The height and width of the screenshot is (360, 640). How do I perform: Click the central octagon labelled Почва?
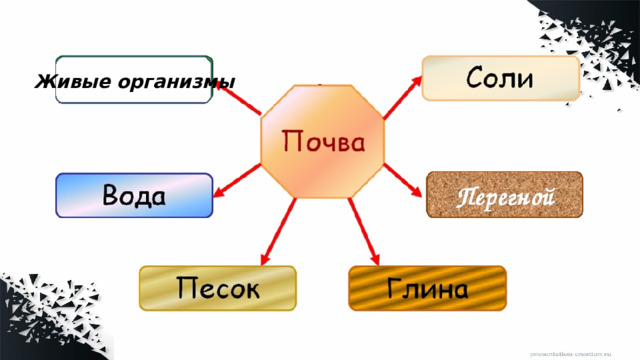tap(320, 141)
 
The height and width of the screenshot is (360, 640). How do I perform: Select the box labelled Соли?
tap(501, 78)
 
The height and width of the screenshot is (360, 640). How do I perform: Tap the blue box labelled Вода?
tap(134, 195)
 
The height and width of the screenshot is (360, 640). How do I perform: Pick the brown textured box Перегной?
tap(505, 195)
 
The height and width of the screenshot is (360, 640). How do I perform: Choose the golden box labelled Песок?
tap(219, 288)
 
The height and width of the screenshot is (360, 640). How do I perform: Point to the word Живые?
tap(66, 80)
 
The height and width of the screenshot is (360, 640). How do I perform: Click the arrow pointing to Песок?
tap(279, 231)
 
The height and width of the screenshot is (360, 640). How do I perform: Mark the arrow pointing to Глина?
tap(362, 231)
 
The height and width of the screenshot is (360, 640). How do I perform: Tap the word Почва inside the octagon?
tap(321, 140)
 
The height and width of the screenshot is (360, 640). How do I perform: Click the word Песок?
tap(219, 289)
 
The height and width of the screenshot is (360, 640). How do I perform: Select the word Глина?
tap(427, 289)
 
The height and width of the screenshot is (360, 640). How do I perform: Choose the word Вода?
tap(134, 193)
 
